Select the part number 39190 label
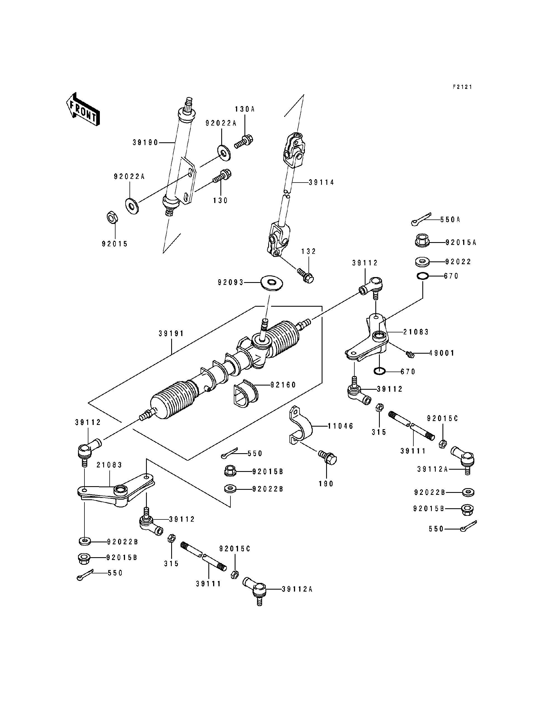[x=145, y=143]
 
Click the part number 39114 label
[x=321, y=183]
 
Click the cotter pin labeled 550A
[x=421, y=219]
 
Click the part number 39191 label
[x=171, y=334]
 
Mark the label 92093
[x=231, y=282]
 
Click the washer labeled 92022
[x=422, y=262]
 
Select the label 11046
[x=340, y=426]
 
